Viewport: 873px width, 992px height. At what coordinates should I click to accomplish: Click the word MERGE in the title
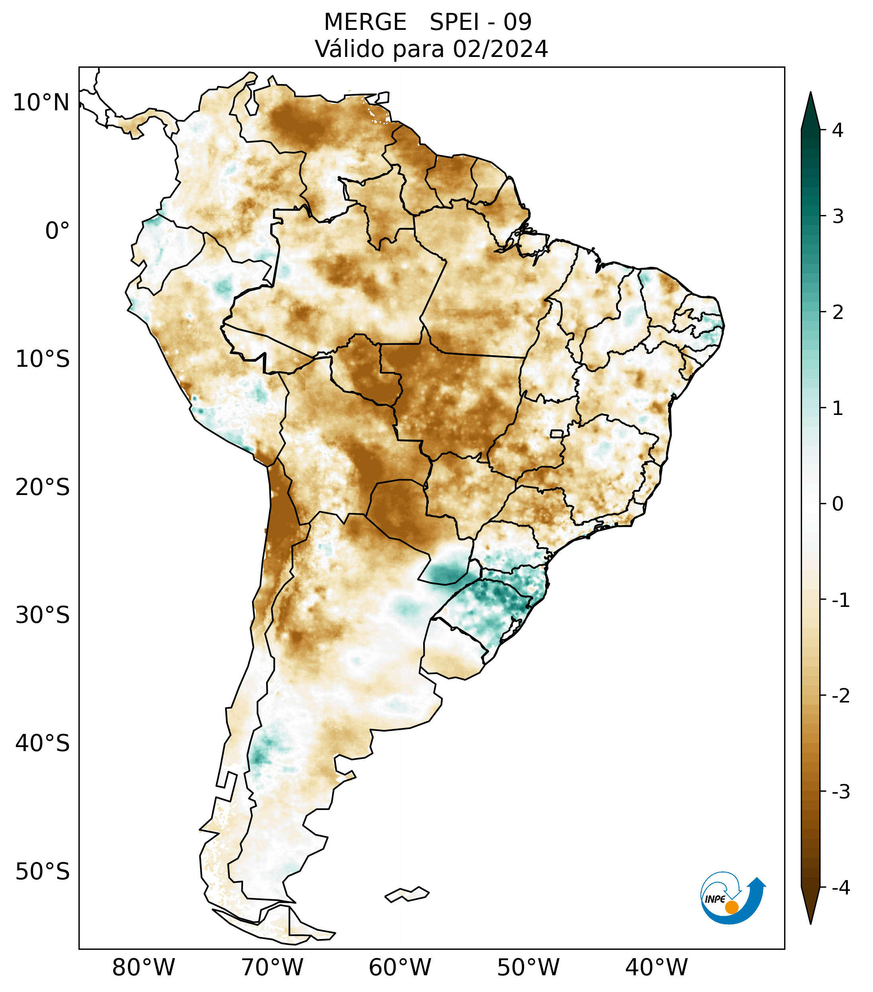tap(365, 22)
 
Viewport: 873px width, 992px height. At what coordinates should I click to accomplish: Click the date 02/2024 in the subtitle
tap(500, 49)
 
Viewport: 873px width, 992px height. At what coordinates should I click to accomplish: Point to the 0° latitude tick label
tap(57, 231)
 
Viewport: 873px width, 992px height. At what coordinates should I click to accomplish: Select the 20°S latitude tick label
tap(43, 487)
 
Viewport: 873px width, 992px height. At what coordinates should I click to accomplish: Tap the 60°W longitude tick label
tap(400, 967)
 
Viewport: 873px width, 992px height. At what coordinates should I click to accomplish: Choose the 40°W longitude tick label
tap(656, 967)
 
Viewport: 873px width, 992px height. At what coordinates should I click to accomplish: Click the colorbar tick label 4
tap(838, 130)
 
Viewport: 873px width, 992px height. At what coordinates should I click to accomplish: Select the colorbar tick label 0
tap(838, 504)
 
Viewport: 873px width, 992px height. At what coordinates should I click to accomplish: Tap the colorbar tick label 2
tap(838, 313)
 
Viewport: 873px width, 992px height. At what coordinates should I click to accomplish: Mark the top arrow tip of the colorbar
tap(810, 93)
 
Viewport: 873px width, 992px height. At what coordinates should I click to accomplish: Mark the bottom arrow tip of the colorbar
tap(810, 924)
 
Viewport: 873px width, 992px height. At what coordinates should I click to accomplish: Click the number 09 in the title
tap(517, 22)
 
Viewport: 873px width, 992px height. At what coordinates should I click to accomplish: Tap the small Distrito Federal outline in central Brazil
tap(557, 433)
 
